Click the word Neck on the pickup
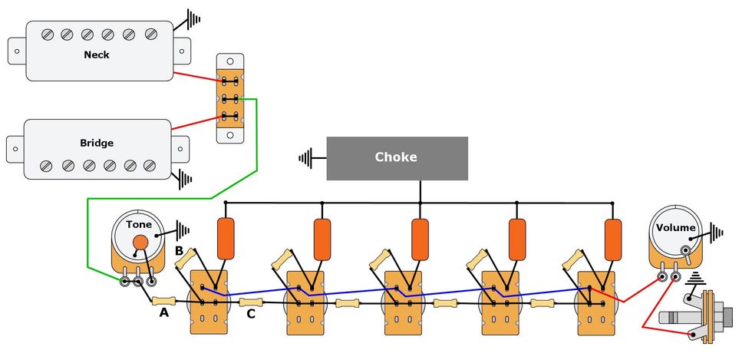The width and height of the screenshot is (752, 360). (x=97, y=55)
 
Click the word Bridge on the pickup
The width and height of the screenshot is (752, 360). (x=97, y=144)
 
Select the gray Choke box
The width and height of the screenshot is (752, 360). (x=397, y=158)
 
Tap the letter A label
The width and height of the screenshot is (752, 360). (x=163, y=312)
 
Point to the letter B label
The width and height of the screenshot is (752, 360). (x=178, y=250)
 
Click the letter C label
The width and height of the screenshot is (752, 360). (x=251, y=313)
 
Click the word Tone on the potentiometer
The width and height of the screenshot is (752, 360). (x=139, y=225)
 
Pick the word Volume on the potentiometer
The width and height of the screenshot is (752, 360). (x=676, y=227)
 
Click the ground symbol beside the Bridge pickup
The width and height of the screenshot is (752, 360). (x=184, y=180)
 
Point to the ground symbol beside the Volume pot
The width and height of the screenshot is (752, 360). (x=716, y=232)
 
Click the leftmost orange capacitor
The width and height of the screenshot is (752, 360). (x=226, y=238)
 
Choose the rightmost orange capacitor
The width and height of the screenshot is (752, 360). (x=612, y=238)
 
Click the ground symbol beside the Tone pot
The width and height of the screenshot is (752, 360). (x=181, y=229)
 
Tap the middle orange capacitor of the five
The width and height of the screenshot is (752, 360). (x=420, y=238)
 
